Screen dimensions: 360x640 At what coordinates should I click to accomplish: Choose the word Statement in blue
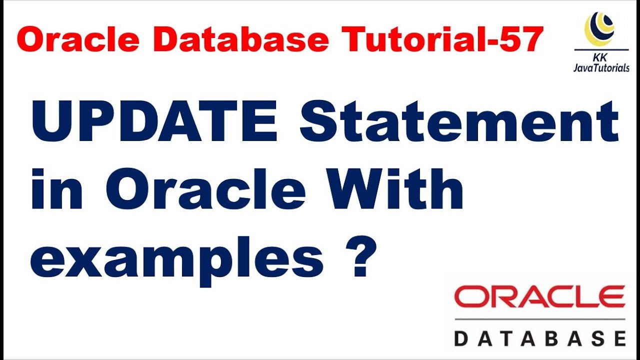[x=459, y=122]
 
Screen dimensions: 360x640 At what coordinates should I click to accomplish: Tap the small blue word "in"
[x=56, y=190]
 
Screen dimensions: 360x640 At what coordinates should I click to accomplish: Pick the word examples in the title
[x=176, y=260]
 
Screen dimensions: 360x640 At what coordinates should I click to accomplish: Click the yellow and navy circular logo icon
[x=599, y=28]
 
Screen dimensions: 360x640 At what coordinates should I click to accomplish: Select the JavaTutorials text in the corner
[x=601, y=68]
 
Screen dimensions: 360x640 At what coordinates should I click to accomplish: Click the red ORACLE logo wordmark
[x=539, y=297]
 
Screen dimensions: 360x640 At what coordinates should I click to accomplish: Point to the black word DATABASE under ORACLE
[x=539, y=338]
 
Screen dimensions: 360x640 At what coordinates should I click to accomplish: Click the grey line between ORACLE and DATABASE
[x=539, y=319]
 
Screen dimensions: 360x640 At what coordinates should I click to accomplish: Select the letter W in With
[x=350, y=190]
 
